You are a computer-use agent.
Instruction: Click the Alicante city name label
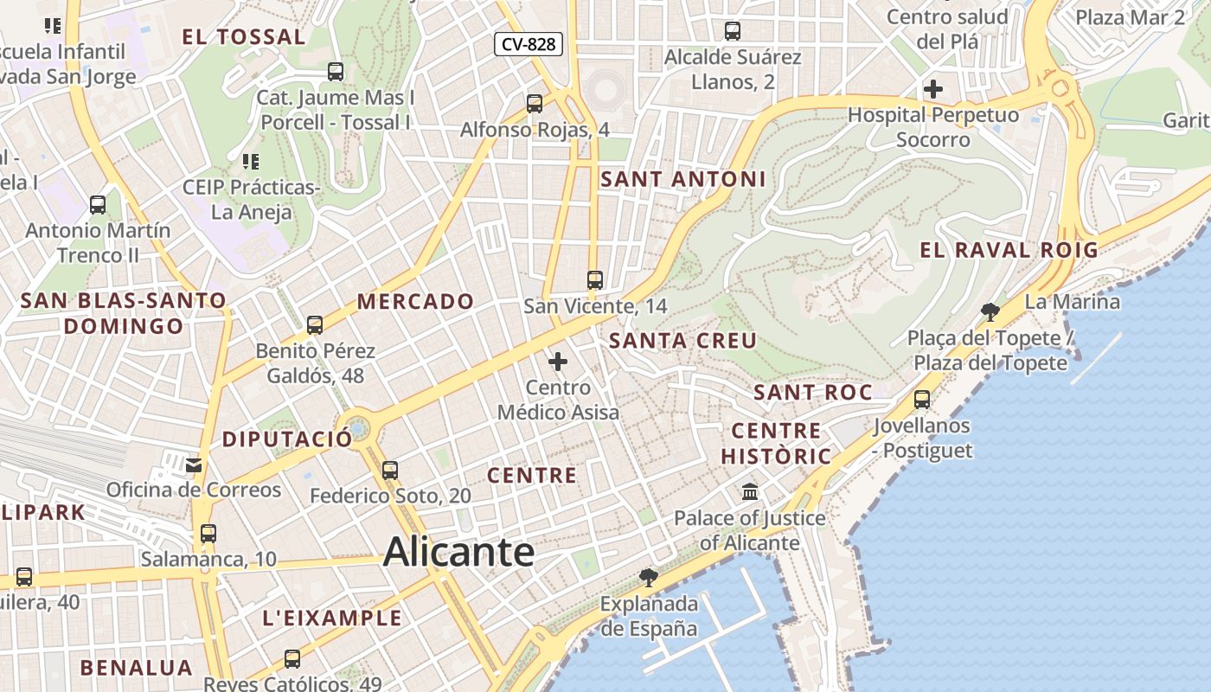(458, 551)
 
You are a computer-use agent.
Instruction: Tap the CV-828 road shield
(529, 44)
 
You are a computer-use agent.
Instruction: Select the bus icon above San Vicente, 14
(594, 280)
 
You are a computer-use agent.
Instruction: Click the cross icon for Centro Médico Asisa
(558, 362)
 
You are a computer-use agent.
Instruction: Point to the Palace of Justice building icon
(750, 492)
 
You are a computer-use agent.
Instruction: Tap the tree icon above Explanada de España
(648, 577)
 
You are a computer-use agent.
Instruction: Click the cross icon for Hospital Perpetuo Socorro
(932, 88)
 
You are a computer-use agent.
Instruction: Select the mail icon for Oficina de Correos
(193, 465)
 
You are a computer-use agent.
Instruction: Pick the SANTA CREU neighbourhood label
(682, 340)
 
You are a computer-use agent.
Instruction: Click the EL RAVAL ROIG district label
(1008, 251)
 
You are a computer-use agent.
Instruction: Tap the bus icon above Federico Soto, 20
(390, 471)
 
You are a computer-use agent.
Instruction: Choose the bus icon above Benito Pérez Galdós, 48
(315, 325)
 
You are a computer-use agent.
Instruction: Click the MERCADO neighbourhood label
(415, 302)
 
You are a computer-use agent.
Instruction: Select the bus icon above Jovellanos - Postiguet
(922, 400)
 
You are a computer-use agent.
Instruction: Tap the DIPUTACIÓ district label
(287, 439)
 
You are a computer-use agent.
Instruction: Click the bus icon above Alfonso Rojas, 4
(535, 104)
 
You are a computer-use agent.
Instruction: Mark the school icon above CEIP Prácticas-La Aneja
(251, 161)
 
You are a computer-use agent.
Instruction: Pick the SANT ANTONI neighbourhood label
(682, 179)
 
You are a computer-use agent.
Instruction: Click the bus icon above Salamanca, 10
(208, 534)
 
